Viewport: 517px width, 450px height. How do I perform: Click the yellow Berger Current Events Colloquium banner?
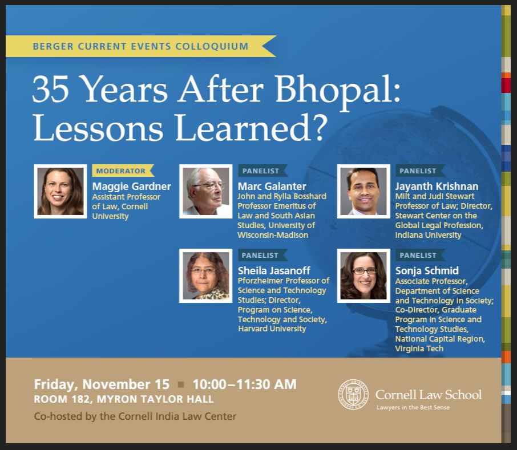[x=140, y=46]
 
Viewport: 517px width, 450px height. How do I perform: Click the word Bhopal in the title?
[x=337, y=90]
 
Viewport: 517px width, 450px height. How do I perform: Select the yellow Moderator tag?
[x=123, y=171]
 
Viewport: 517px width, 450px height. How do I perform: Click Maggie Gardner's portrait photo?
[x=60, y=192]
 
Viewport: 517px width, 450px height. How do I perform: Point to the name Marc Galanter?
[x=272, y=186]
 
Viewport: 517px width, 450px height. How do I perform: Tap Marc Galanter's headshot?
[x=206, y=192]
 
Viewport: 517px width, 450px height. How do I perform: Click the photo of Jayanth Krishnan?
[x=363, y=192]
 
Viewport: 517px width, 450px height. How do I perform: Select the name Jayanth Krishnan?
[x=437, y=186]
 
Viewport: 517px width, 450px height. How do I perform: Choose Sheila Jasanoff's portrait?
[x=206, y=275]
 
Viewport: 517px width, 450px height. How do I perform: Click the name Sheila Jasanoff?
[x=274, y=270]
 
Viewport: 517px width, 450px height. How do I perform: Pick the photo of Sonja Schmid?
[x=363, y=275]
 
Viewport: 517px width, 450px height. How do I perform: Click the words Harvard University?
[x=272, y=329]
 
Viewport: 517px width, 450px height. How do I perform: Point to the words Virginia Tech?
[x=419, y=348]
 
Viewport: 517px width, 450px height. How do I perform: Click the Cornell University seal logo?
[x=353, y=394]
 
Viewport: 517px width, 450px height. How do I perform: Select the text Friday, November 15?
[x=102, y=384]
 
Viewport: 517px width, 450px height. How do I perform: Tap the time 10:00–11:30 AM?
[x=244, y=384]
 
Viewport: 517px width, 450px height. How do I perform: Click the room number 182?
[x=80, y=399]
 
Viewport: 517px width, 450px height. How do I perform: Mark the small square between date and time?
[x=181, y=384]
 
